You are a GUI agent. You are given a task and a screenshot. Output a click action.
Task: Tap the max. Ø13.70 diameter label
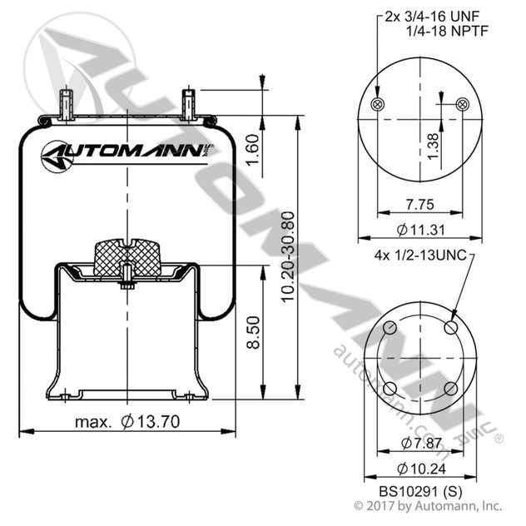click(126, 422)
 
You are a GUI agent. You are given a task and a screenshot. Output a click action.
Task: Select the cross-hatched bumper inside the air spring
click(127, 253)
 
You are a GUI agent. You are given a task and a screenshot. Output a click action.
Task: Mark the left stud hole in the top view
click(377, 103)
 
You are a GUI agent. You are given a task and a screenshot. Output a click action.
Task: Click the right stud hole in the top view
click(464, 103)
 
